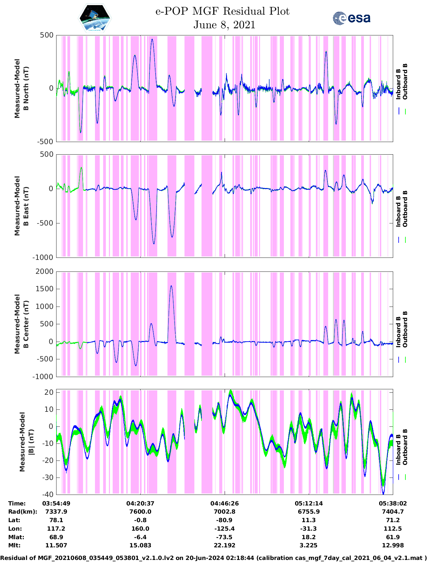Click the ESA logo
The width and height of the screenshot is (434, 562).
(x=351, y=18)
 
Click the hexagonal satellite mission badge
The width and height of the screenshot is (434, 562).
(x=95, y=18)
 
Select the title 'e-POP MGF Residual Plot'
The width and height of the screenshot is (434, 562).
(x=222, y=11)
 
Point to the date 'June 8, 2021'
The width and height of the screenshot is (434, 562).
(x=224, y=25)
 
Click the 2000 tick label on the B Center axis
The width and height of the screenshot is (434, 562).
(x=45, y=271)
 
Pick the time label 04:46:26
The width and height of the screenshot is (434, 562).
(x=224, y=503)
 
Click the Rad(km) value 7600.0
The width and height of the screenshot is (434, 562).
(x=140, y=512)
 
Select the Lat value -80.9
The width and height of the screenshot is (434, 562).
(x=224, y=520)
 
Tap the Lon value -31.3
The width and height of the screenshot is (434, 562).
(x=308, y=529)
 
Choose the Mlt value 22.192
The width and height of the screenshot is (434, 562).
(x=224, y=546)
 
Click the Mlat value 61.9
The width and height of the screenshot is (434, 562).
(x=393, y=537)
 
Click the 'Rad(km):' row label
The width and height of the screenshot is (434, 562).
(x=22, y=512)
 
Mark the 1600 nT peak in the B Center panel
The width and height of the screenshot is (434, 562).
(x=171, y=286)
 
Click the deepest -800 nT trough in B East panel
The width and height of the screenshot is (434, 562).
(x=154, y=244)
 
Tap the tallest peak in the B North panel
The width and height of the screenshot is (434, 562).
(x=152, y=40)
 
